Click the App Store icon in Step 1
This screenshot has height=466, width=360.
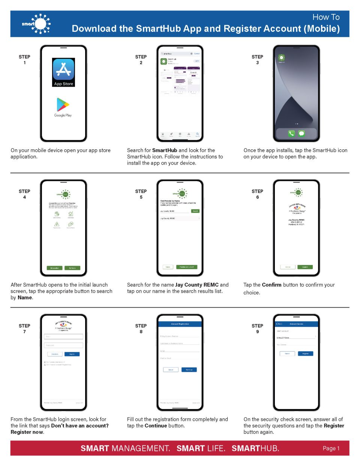point(63,72)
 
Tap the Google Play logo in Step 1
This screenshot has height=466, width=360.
point(63,107)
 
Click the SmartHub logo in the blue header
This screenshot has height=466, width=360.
point(36,24)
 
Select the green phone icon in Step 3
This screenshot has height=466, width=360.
point(291,133)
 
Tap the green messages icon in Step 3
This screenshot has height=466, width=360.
point(301,133)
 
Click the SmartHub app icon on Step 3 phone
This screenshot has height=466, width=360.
point(281,58)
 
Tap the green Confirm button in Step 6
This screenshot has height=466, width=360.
point(305,267)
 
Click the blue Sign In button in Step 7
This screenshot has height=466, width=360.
point(72,354)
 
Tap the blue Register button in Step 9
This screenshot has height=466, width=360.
point(305,353)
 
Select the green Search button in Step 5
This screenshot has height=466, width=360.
point(195,211)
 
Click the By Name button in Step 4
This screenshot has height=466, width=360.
point(72,268)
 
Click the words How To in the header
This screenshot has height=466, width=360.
point(326,17)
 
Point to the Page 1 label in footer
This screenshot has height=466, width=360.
point(331,448)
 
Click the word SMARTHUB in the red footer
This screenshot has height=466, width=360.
point(255,448)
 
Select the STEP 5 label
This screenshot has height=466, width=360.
point(141,194)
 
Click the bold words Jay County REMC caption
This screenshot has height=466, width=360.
point(197,285)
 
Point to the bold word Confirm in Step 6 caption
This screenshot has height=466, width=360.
point(271,285)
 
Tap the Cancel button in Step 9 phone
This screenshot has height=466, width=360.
point(287,353)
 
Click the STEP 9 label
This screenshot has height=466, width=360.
point(257,328)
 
